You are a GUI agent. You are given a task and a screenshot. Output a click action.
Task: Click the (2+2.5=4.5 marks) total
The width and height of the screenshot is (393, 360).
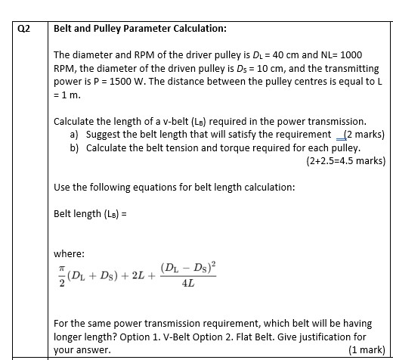coord(345,160)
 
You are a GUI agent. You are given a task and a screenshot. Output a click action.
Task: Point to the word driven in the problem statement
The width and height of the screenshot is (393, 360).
coord(219,69)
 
